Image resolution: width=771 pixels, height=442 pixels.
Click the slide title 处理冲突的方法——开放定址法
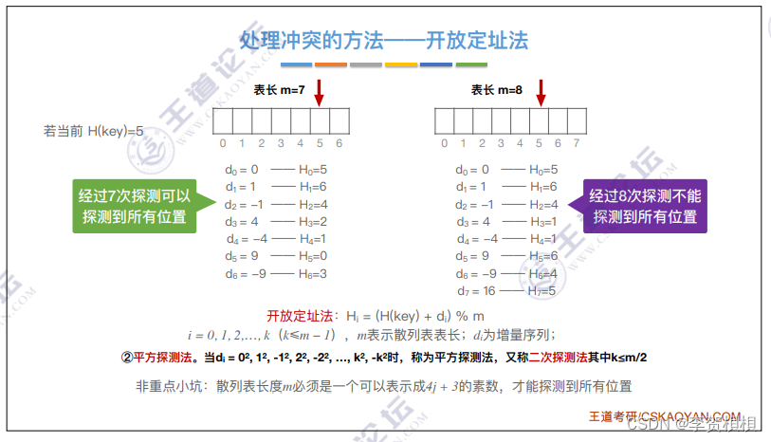384,41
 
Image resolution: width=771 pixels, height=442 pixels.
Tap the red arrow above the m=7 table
319,92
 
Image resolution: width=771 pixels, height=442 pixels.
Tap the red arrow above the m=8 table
541,92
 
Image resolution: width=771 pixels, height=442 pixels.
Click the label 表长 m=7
279,90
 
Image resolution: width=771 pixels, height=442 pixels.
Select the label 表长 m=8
497,90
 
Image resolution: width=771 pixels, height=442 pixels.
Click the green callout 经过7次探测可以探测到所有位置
135,207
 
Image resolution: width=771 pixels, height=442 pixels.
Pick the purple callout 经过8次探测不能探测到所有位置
644,207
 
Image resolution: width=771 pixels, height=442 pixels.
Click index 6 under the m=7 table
340,144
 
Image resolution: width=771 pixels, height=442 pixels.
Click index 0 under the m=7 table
223,144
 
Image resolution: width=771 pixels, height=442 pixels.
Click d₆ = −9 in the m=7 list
244,273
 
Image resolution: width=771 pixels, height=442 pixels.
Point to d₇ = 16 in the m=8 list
474,291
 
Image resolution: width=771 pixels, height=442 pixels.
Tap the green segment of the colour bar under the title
471,64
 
